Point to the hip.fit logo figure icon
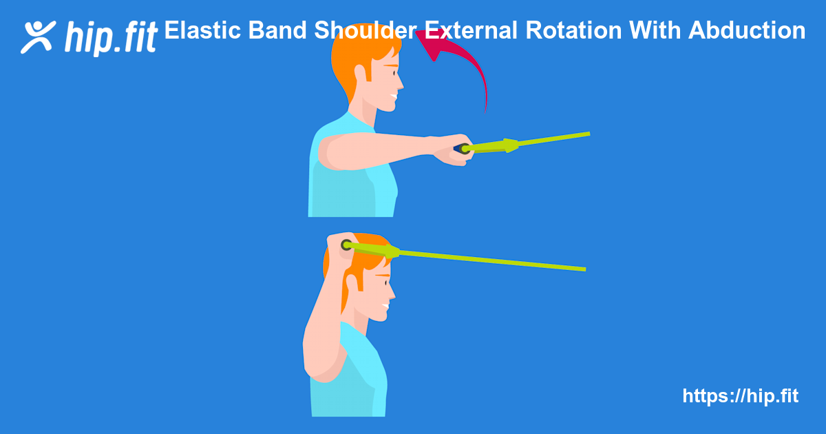click(x=39, y=36)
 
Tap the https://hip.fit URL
click(x=740, y=396)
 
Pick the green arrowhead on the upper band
click(x=509, y=145)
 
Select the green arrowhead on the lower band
click(x=391, y=251)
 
